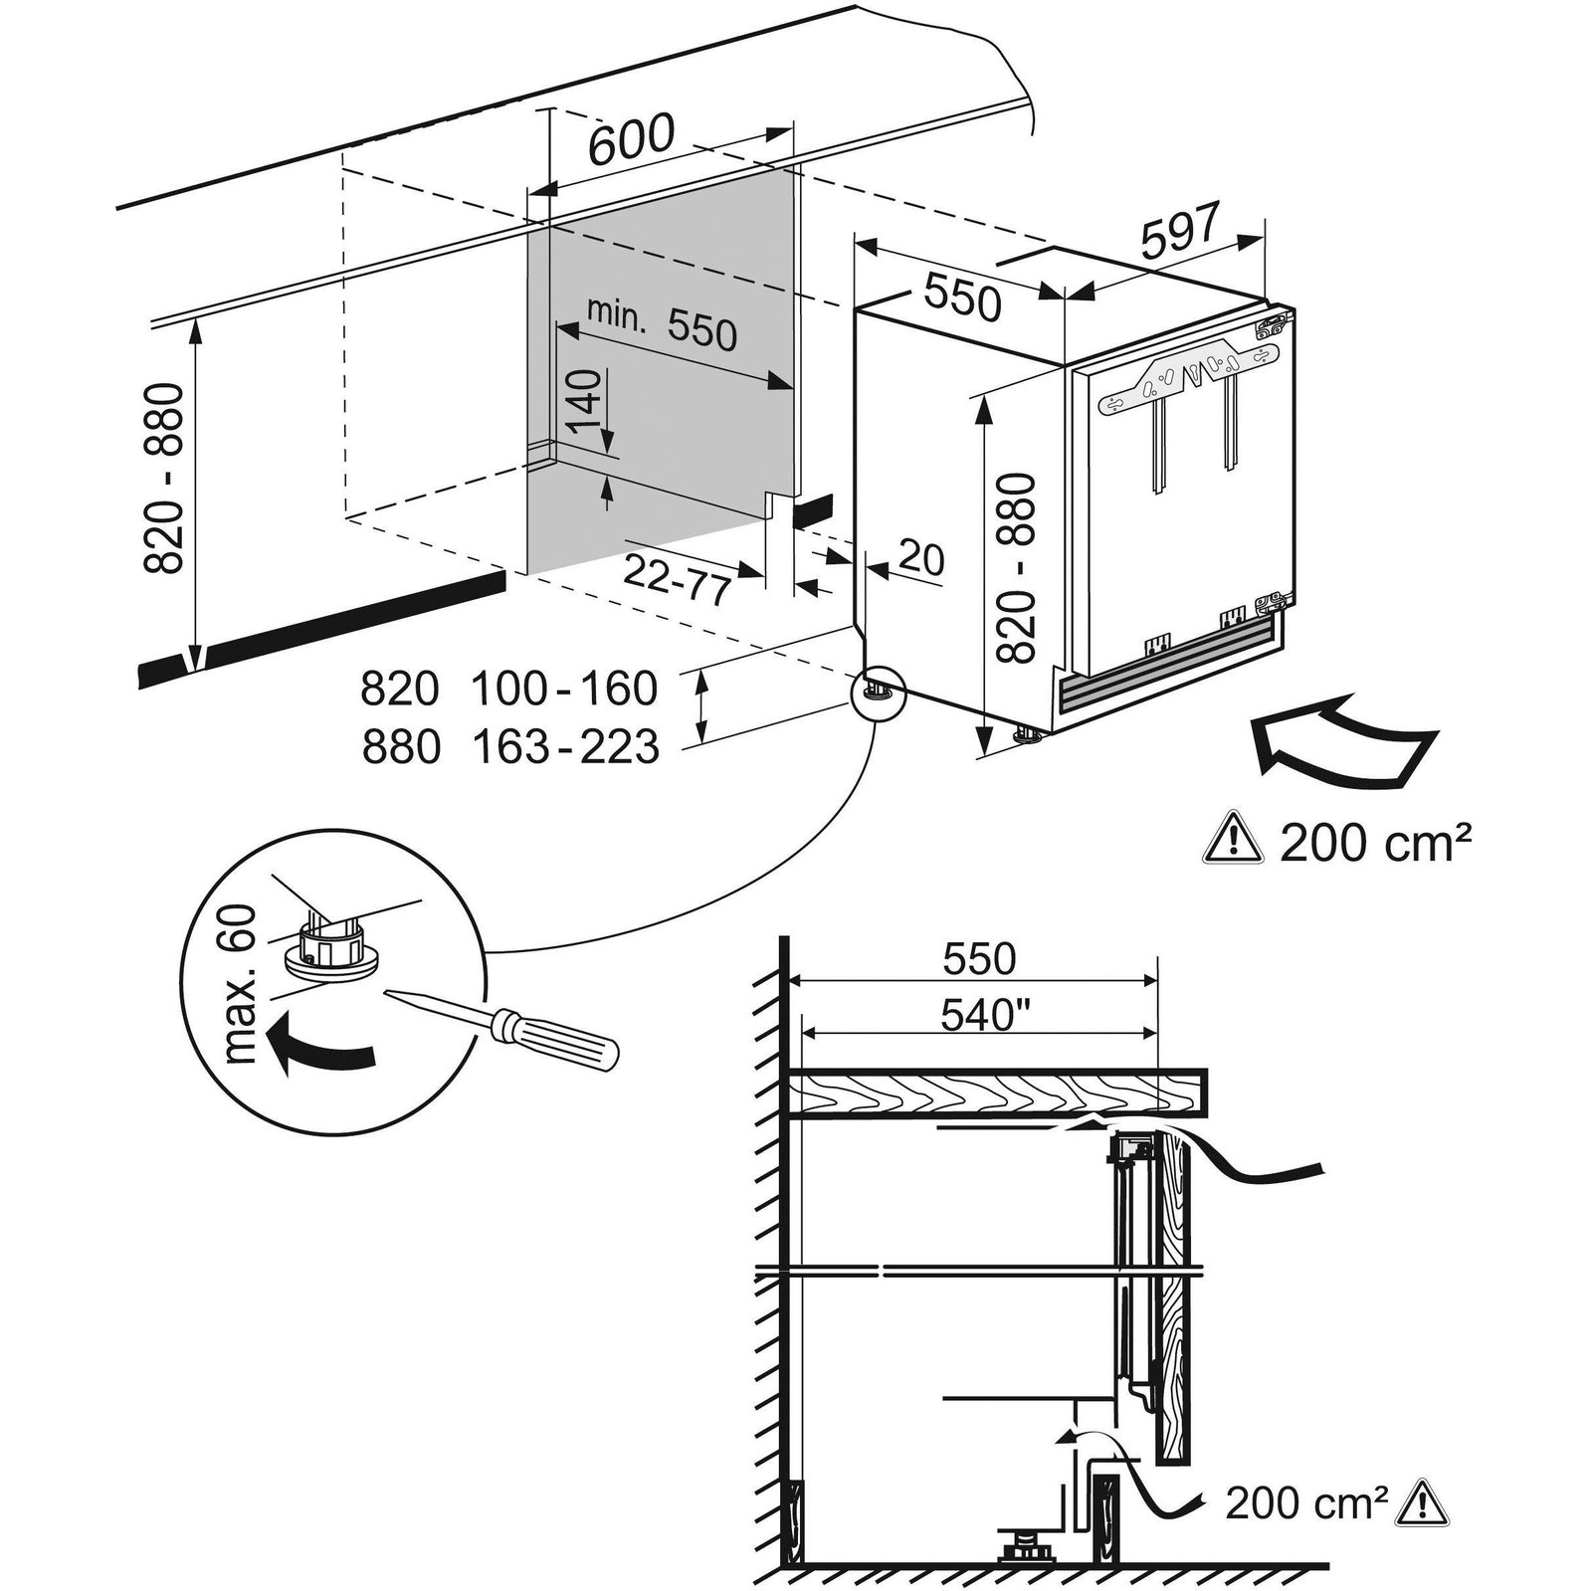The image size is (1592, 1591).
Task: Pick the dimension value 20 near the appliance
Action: pyautogui.click(x=920, y=559)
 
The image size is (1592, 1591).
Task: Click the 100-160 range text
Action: pyautogui.click(x=563, y=689)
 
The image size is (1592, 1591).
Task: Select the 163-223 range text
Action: pyautogui.click(x=563, y=746)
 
